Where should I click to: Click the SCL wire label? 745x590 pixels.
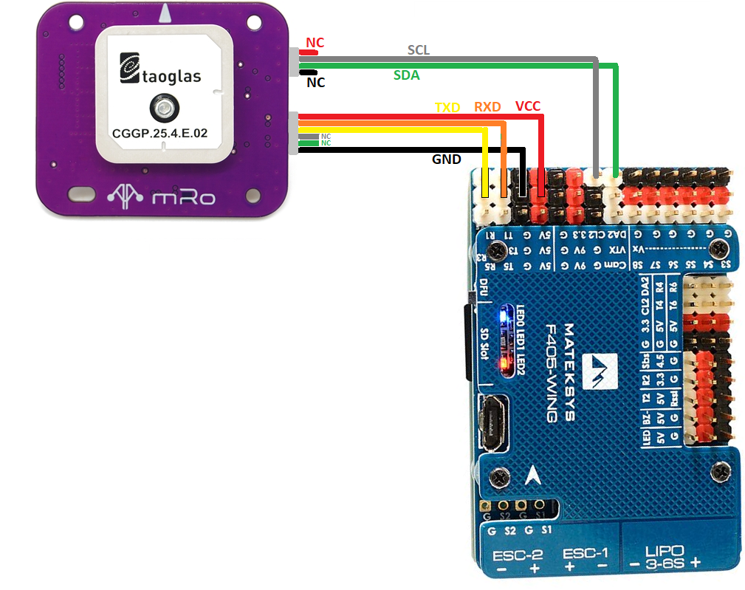click(x=419, y=50)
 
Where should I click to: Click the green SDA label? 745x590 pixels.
click(x=408, y=75)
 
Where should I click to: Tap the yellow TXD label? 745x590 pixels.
click(x=447, y=107)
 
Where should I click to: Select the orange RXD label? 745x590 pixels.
click(x=487, y=107)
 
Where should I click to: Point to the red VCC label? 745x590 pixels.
click(x=528, y=106)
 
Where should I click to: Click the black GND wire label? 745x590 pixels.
click(x=447, y=159)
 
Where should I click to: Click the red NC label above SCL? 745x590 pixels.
click(x=315, y=43)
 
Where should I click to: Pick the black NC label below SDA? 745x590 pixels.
click(x=316, y=83)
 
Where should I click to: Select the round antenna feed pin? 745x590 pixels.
click(x=162, y=109)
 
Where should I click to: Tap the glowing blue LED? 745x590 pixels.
click(x=504, y=317)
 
